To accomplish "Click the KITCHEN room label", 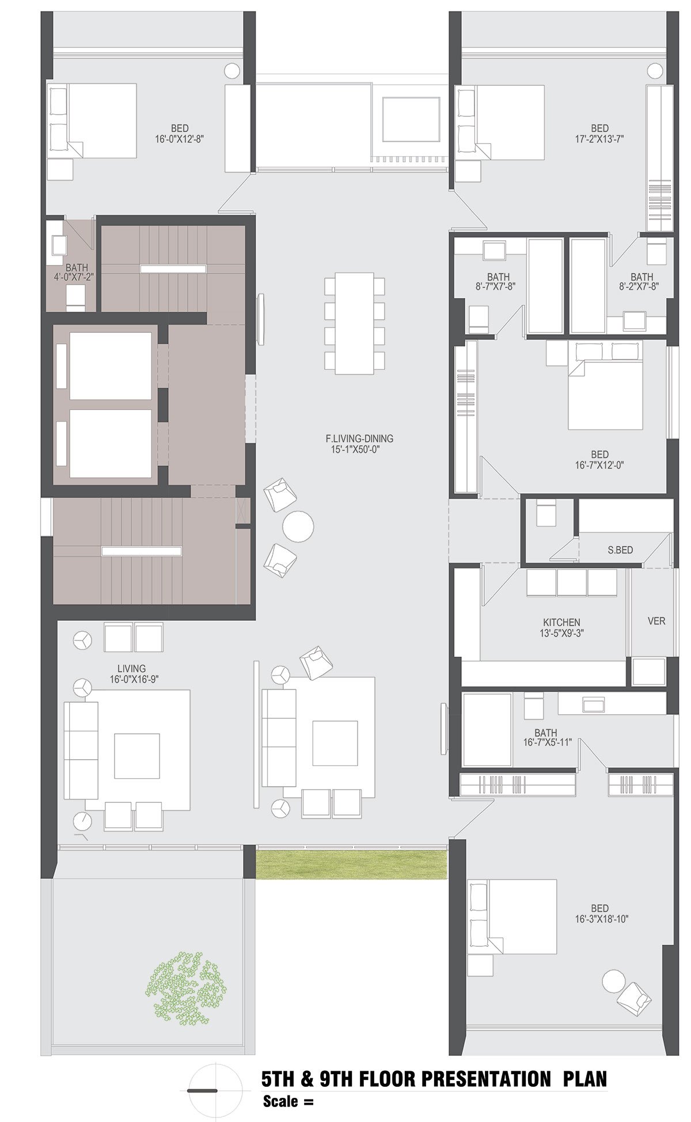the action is pyautogui.click(x=561, y=622).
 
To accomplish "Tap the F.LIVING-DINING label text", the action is pyautogui.click(x=359, y=438).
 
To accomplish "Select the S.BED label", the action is pyautogui.click(x=620, y=550).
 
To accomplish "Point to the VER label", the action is pyautogui.click(x=656, y=620).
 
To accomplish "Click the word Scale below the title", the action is pyautogui.click(x=280, y=1101).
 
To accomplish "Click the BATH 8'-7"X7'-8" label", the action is pyautogui.click(x=498, y=281).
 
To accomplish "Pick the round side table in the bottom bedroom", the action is pyautogui.click(x=613, y=981).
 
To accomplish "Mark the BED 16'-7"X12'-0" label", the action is pyautogui.click(x=599, y=460).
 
